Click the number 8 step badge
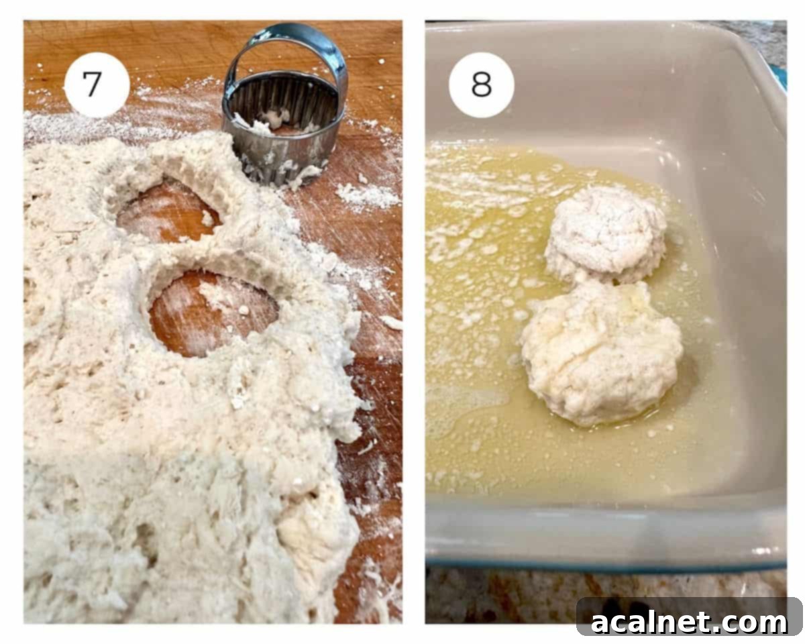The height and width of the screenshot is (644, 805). point(481,85)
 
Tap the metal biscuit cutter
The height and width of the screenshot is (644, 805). point(284,127)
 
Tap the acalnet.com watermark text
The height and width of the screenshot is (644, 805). point(689,623)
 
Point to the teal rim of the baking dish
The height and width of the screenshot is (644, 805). point(604,562)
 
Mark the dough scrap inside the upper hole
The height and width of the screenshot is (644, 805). point(207,219)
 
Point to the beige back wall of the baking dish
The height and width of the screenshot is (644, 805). point(604,80)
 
